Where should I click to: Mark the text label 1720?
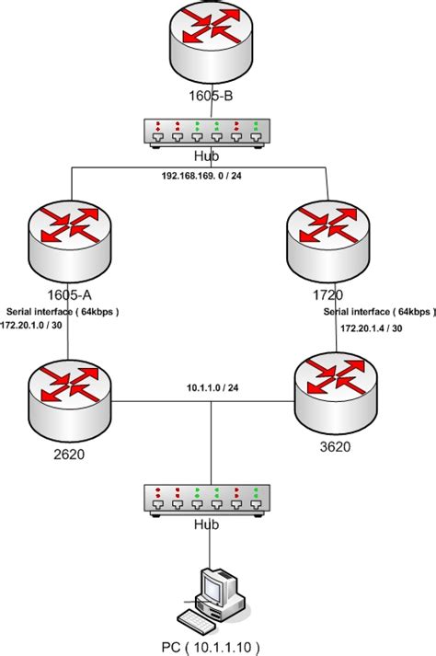(326, 294)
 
